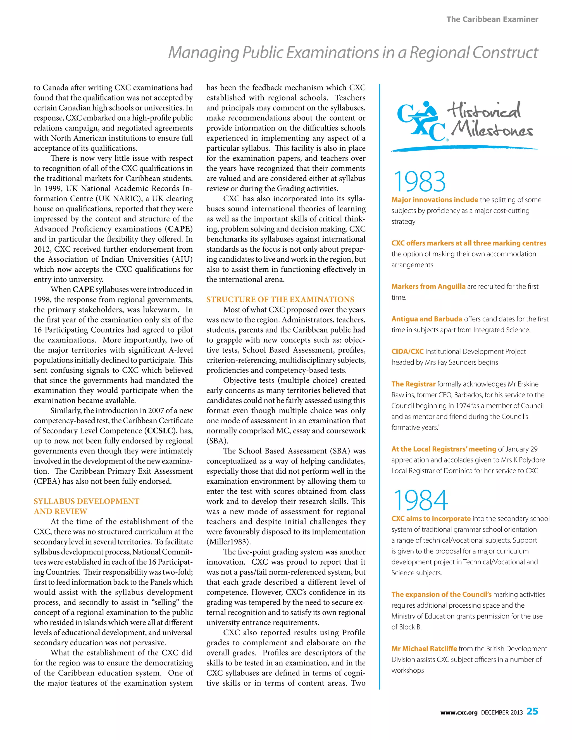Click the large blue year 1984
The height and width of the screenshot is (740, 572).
click(421, 500)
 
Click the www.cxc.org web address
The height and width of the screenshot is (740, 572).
click(459, 713)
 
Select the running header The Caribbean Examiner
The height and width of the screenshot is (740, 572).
click(492, 19)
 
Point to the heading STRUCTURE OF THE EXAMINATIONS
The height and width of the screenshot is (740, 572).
click(280, 300)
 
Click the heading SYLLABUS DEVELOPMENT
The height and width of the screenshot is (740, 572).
click(86, 502)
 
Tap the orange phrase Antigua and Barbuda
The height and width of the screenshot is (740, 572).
click(427, 319)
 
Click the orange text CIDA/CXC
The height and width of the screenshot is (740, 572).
click(407, 351)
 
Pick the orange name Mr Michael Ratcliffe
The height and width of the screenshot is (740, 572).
click(424, 648)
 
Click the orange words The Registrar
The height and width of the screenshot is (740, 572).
click(413, 384)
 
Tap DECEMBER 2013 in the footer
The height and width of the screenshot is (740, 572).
click(502, 713)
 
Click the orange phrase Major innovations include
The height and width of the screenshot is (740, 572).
click(434, 200)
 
